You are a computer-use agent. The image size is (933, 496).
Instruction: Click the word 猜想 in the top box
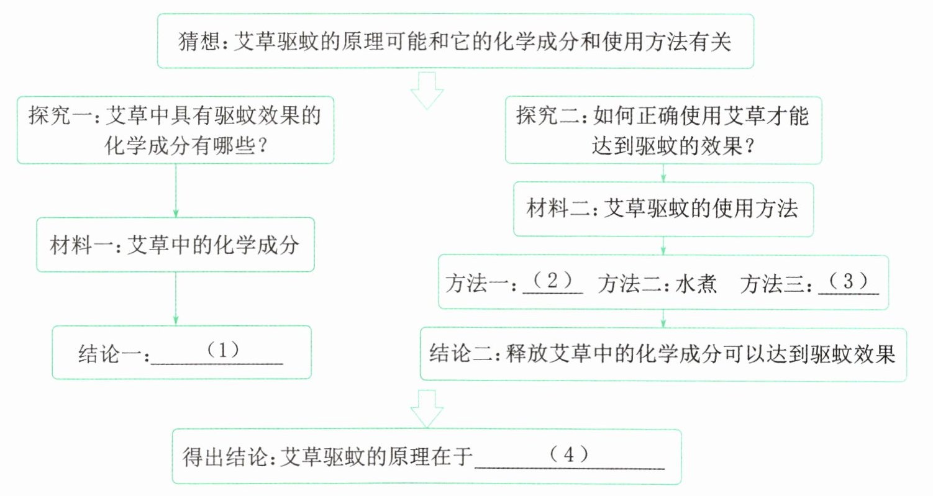199,42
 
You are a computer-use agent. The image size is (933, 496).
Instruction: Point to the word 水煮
696,284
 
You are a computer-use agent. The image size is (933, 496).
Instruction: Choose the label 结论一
110,354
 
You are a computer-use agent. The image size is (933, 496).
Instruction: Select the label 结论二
461,354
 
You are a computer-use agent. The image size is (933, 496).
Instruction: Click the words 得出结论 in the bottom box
225,456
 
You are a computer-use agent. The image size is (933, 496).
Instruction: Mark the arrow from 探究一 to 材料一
175,191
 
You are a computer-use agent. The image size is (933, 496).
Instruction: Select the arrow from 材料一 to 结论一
175,299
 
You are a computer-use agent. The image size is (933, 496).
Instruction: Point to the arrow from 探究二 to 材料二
663,173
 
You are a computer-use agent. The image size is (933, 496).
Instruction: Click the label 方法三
772,284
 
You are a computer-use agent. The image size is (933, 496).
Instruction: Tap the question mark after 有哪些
262,146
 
